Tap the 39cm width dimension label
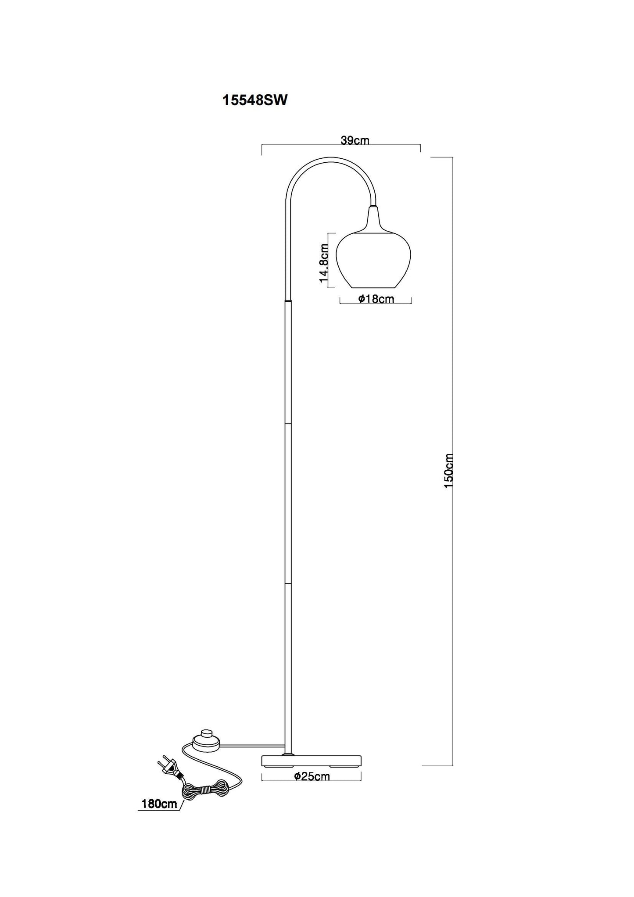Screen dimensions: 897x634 click(x=355, y=140)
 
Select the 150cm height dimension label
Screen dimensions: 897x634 click(x=448, y=472)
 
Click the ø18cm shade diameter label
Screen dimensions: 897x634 click(x=376, y=299)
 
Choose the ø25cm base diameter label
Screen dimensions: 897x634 click(x=312, y=776)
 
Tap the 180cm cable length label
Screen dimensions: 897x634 click(x=159, y=804)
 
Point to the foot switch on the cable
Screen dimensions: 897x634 click(x=205, y=740)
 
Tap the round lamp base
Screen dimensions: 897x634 click(x=311, y=760)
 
